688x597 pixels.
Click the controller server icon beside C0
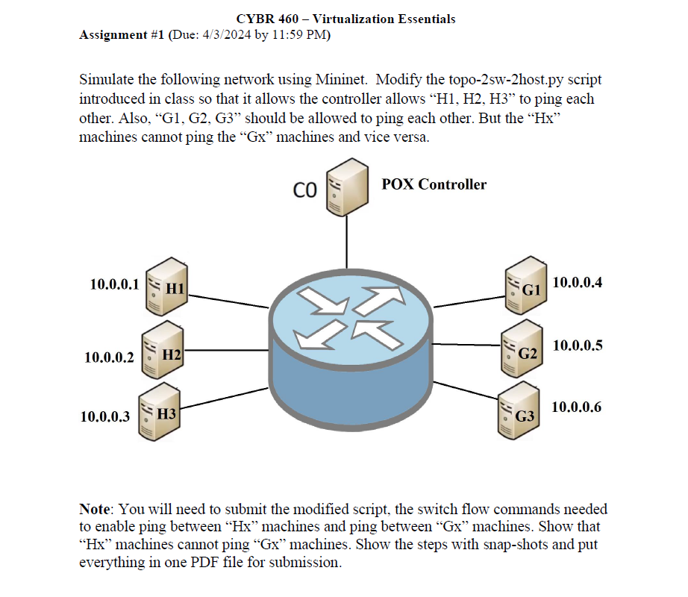(x=345, y=187)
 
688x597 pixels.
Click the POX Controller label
(x=434, y=184)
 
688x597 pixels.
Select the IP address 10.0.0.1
(x=114, y=284)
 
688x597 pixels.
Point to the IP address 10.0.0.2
(x=110, y=357)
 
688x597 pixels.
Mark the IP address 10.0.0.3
(x=105, y=416)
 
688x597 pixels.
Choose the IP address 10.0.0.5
(x=577, y=346)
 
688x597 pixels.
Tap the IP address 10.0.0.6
(x=576, y=407)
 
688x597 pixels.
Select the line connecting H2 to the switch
(x=224, y=349)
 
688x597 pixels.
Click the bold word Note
(x=95, y=509)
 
